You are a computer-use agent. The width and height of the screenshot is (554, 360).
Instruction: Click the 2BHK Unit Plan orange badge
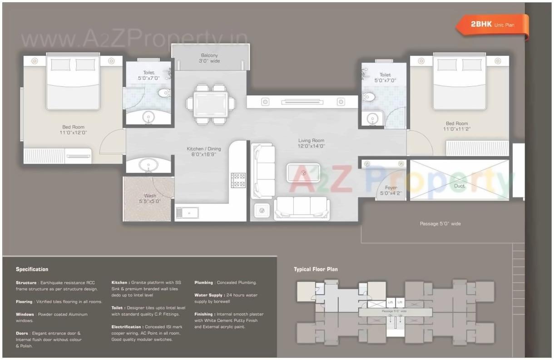492,25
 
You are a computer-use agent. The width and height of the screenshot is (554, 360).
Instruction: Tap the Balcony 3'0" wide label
209,58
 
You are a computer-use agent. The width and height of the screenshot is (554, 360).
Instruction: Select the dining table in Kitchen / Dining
211,104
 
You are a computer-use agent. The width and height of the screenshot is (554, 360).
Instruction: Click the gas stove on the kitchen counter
238,180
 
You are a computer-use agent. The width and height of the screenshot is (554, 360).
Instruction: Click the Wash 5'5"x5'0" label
150,198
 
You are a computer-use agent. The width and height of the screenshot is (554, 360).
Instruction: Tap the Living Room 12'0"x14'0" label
311,143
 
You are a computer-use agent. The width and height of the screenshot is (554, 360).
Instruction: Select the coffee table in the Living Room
303,173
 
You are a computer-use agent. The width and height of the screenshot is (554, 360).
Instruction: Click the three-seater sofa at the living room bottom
302,208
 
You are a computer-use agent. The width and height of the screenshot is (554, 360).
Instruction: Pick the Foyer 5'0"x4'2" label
391,190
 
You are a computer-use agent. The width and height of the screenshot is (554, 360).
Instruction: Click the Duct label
460,186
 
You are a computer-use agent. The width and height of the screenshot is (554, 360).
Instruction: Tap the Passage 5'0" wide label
440,223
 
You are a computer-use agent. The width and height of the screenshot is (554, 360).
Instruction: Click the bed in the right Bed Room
459,82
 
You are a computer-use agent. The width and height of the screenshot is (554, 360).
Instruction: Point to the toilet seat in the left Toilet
163,94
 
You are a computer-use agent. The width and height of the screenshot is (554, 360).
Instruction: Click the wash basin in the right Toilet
372,119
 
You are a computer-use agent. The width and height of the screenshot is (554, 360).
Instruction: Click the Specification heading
32,269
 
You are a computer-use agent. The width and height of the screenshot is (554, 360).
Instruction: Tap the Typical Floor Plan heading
316,269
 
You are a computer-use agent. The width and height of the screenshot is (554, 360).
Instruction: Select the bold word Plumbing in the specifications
203,282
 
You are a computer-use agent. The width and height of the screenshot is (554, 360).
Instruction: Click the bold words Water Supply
208,295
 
